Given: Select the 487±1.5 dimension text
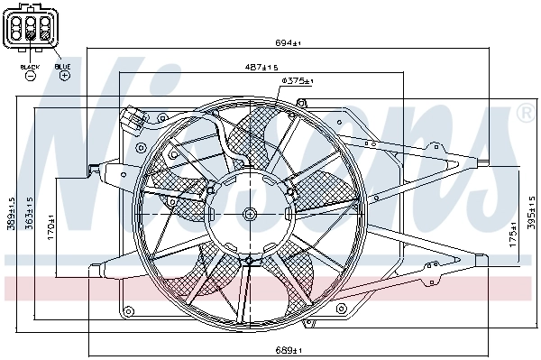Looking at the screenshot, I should [x=261, y=67].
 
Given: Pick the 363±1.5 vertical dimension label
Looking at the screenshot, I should [x=30, y=215].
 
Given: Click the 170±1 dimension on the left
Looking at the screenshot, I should [x=52, y=225].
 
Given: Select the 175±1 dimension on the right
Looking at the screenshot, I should [x=511, y=235].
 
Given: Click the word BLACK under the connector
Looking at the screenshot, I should [x=29, y=67].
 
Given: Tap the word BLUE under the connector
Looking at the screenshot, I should [x=63, y=66].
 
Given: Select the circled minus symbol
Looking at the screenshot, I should [x=29, y=77].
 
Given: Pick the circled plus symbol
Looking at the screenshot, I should [x=64, y=77].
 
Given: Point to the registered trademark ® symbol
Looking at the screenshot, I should [x=524, y=114].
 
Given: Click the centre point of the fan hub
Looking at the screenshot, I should [x=248, y=214].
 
